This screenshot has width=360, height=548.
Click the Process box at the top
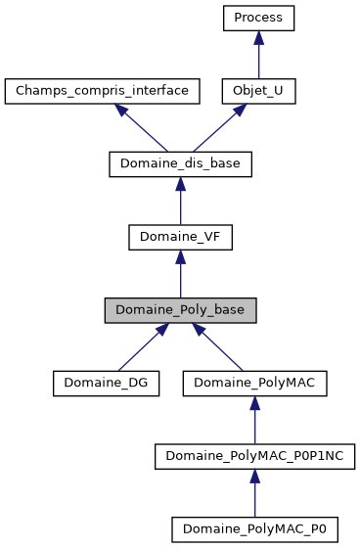258,18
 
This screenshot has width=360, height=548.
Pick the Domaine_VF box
181,238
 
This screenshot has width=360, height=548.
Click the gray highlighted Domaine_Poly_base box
181,310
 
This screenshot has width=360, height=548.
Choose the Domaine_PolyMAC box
254,384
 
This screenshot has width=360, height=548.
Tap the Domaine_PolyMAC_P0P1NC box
254,457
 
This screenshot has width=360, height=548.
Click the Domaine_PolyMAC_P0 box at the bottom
254,529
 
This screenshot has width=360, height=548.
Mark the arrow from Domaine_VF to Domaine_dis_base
181,203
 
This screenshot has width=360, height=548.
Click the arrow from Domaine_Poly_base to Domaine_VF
181,276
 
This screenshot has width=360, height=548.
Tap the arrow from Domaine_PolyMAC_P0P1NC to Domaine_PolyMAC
254,422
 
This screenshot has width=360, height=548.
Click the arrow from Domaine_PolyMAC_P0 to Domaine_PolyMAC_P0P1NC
254,495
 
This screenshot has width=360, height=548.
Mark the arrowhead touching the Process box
258,37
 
